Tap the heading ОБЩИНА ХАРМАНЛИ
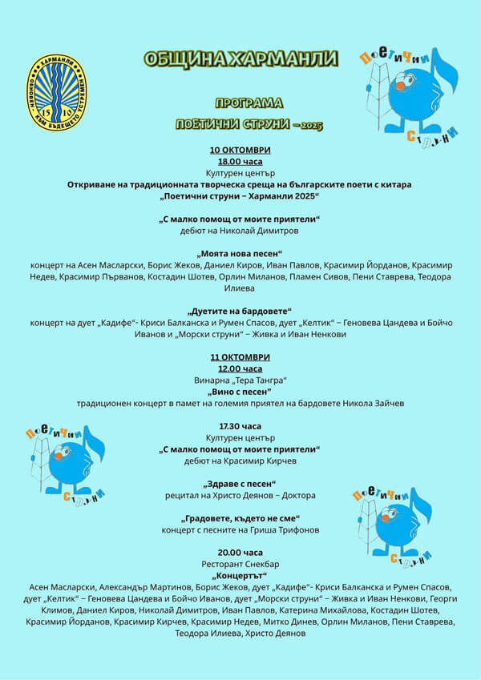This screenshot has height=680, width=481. pos(240,59)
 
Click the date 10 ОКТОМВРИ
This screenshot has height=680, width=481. pos(240,150)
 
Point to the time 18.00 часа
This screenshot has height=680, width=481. pos(240,161)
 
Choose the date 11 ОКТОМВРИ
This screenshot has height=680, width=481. pos(240,357)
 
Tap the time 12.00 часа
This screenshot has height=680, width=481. pos(240,368)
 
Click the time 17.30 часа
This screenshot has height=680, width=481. pos(240,426)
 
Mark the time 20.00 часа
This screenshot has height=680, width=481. pos(240,553)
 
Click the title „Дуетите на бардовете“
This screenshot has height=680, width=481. pos(240,311)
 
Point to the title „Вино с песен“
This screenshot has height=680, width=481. pos(240,392)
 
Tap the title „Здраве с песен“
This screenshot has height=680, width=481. pos(240,484)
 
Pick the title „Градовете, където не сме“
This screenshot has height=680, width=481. pos(240,518)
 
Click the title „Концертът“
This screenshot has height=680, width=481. pos(240,576)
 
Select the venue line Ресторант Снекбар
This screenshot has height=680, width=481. pos(240,564)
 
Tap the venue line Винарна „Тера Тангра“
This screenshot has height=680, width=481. pos(240,380)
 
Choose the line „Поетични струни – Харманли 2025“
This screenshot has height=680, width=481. pos(240,195)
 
